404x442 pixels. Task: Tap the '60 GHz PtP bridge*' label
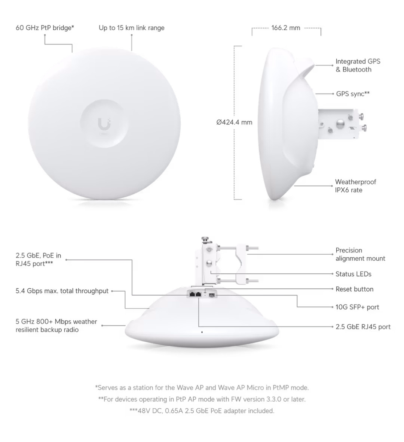pyautogui.click(x=45, y=28)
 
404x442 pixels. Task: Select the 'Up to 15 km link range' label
pyautogui.click(x=131, y=28)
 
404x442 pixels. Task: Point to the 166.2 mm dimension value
pyautogui.click(x=286, y=28)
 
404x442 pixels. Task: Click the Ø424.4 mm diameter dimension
pyautogui.click(x=234, y=122)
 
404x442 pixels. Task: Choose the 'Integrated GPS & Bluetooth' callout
pyautogui.click(x=358, y=66)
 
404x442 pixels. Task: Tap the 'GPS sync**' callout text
pyautogui.click(x=353, y=94)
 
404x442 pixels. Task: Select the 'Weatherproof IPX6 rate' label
pyautogui.click(x=356, y=186)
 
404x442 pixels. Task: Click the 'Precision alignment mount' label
pyautogui.click(x=360, y=254)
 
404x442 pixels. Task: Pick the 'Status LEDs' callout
pyautogui.click(x=353, y=274)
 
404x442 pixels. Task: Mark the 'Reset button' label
pyautogui.click(x=355, y=289)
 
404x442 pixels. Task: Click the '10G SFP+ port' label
pyautogui.click(x=357, y=307)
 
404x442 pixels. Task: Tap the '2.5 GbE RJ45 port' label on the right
pyautogui.click(x=363, y=327)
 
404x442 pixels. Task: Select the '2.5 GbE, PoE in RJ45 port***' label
pyautogui.click(x=38, y=259)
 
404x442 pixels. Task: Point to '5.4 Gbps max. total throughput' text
pyautogui.click(x=62, y=291)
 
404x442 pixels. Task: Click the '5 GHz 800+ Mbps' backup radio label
pyautogui.click(x=56, y=326)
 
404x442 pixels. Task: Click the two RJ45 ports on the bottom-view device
pyautogui.click(x=195, y=294)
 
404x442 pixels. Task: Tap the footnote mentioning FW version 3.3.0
pyautogui.click(x=202, y=399)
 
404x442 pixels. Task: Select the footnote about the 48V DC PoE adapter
pyautogui.click(x=202, y=411)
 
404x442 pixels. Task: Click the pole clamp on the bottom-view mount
pyautogui.click(x=239, y=264)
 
